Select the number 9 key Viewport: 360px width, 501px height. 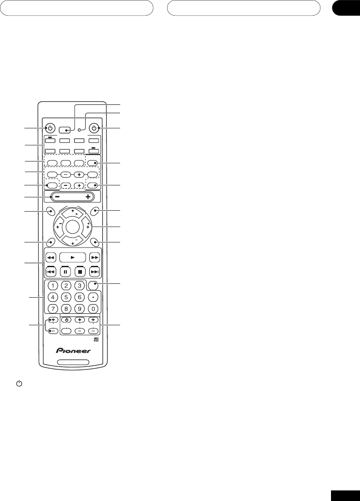(79, 308)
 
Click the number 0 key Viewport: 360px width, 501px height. (94, 308)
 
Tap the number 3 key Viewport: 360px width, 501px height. (79, 286)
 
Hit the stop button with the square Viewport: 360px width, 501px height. (79, 271)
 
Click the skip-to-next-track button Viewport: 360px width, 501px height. (94, 271)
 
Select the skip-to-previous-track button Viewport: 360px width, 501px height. (52, 271)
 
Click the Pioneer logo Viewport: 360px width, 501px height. (74, 351)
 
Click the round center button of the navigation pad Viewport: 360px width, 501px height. (73, 226)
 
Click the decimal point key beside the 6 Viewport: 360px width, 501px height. (94, 297)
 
